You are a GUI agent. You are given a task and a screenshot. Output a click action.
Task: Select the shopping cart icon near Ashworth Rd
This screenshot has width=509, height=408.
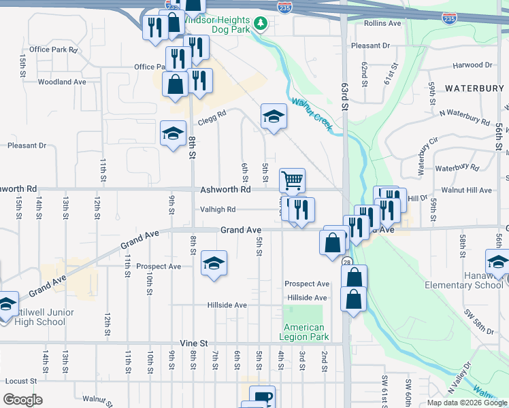(292, 180)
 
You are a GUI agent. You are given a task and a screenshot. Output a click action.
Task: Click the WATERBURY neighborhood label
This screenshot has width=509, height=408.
(474, 88)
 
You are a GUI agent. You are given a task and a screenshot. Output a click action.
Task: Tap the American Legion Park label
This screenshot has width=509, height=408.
(306, 332)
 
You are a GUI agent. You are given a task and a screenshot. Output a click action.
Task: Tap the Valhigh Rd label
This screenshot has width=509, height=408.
(218, 209)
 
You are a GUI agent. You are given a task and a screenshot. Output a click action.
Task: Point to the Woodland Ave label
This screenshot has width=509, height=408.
(62, 82)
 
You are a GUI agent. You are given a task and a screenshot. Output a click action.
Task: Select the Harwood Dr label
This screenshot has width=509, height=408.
(473, 65)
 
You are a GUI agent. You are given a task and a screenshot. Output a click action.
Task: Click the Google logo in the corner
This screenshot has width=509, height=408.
(22, 400)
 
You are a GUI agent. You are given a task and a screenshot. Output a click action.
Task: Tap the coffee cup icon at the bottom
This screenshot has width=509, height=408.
(261, 396)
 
